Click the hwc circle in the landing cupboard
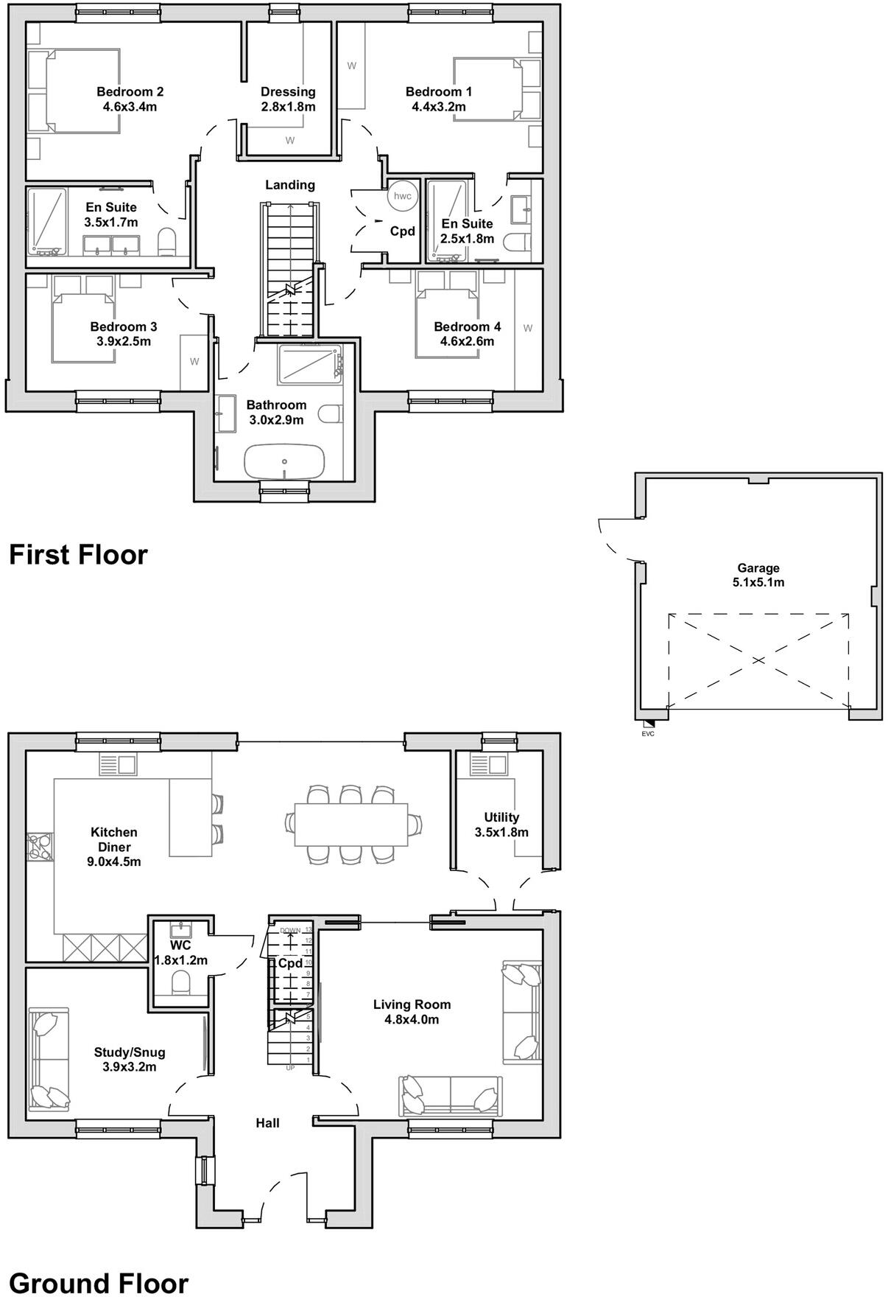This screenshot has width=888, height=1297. pyautogui.click(x=403, y=196)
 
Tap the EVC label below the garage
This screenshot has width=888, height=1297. pyautogui.click(x=648, y=733)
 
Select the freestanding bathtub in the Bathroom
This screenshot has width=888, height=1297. pyautogui.click(x=283, y=461)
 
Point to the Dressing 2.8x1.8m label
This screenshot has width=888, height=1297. pyautogui.click(x=288, y=99)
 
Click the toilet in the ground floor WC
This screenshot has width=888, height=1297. pyautogui.click(x=180, y=982)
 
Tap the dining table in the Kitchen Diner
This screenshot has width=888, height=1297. pyautogui.click(x=351, y=825)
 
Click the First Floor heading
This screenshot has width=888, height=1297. pyautogui.click(x=78, y=554)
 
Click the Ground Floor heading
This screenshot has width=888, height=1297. pyautogui.click(x=98, y=1283)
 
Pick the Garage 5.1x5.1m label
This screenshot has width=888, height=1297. pyautogui.click(x=758, y=575)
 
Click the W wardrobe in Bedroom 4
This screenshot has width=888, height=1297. pyautogui.click(x=527, y=329)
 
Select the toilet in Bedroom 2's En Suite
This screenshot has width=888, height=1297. pyautogui.click(x=168, y=241)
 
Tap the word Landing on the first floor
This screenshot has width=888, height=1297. pyautogui.click(x=290, y=185)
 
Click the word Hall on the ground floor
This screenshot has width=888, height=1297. pyautogui.click(x=267, y=1123)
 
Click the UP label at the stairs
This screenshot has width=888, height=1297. pyautogui.click(x=289, y=1067)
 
